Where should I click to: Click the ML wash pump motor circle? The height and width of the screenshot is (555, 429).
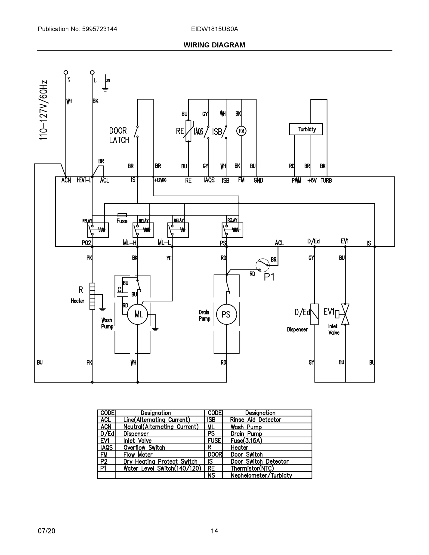138,314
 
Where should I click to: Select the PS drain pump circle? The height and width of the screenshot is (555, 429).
226,314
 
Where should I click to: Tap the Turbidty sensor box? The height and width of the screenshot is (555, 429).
306,129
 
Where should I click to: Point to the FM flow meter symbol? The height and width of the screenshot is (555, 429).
241,131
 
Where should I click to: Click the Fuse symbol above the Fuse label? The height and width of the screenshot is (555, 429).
122,215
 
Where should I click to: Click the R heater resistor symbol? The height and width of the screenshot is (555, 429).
92,296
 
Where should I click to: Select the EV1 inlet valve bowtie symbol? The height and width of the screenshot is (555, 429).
345,314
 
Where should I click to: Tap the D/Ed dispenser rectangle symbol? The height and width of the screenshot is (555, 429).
314,314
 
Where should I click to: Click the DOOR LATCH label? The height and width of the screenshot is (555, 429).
119,136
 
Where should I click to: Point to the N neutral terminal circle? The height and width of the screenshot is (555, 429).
66,72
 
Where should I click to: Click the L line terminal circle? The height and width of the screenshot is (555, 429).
92,72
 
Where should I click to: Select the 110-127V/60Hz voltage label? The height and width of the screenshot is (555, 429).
43,110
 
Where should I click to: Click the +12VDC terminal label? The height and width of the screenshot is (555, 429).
160,180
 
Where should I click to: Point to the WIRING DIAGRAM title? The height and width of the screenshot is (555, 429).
214,45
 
